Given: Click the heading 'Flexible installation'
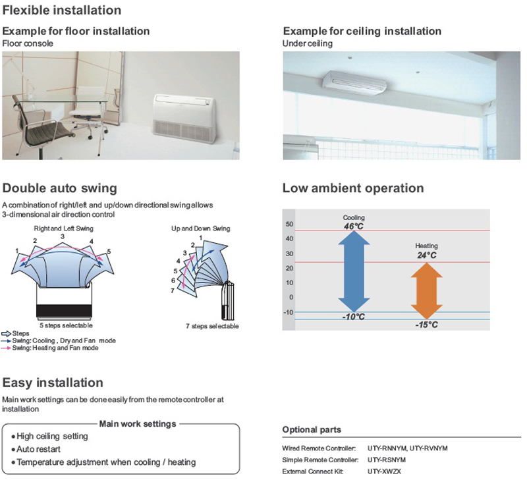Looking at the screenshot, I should pos(62,11).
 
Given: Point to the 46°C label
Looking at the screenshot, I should pos(354,226).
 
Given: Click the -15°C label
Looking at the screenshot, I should pos(427,325).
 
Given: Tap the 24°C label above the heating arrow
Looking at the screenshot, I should pos(426,254).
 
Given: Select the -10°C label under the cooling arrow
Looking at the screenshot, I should pos(354,317).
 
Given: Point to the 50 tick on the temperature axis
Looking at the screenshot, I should pos(289,225).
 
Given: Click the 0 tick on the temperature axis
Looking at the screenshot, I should pos(291,297).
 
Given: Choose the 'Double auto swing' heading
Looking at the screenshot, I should pos(60,188).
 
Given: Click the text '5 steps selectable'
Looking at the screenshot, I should pos(65,325).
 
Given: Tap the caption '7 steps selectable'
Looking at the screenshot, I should pos(212,327).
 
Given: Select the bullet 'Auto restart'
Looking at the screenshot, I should pos(42,448).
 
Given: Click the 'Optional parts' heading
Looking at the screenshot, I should pos(312,430).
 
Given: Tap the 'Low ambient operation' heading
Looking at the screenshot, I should pos(353,188).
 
